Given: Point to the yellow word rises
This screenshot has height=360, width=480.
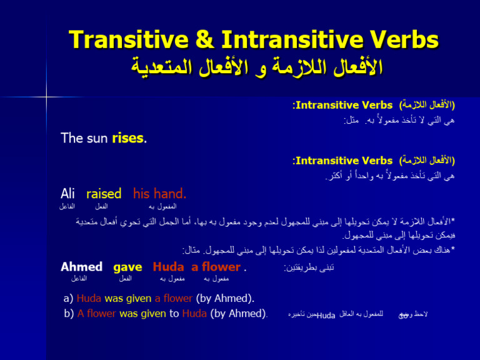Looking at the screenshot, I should coord(127,138).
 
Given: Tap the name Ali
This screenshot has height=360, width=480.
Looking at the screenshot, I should coord(67,194).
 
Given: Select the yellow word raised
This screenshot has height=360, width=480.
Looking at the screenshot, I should coord(103,194).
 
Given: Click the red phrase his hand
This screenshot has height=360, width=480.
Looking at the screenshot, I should coord(159,194).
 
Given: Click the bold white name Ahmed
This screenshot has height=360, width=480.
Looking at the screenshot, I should coord(81,267).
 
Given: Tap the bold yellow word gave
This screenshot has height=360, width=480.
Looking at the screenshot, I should coord(127,267).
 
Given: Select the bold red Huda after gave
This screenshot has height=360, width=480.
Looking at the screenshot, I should coord(168,267).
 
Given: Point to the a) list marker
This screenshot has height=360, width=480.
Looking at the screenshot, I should coord(69,299).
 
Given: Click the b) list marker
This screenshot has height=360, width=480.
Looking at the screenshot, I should coord(69,313).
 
